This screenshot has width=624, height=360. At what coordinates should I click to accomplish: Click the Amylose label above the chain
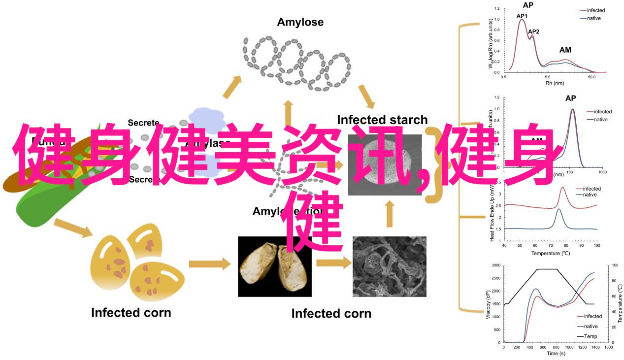[300, 22]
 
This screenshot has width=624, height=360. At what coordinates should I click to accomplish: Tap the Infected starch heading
[382, 120]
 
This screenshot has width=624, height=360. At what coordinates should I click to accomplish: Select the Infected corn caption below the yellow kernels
[131, 312]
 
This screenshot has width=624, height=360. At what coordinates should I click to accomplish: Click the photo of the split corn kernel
[274, 266]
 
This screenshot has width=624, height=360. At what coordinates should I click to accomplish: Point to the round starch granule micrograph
[385, 165]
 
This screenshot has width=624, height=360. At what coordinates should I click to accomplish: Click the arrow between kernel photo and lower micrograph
[331, 263]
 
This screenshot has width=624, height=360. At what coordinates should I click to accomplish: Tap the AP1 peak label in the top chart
[522, 16]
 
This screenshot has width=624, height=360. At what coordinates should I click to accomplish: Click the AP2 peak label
[533, 32]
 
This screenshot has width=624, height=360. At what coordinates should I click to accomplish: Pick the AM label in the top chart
[565, 50]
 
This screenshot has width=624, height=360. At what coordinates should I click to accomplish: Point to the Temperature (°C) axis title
[550, 253]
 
